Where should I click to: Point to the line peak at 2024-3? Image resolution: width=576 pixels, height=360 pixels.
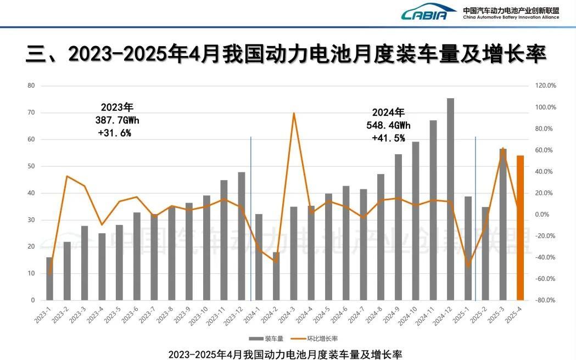tap(294, 114)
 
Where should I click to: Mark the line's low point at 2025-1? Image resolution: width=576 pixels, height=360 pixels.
tap(468, 266)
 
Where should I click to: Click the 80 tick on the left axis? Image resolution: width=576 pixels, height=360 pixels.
tap(31, 86)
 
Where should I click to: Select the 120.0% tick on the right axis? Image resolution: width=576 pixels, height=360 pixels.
tap(545, 86)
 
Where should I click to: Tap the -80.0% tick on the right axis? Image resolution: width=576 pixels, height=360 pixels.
tap(545, 300)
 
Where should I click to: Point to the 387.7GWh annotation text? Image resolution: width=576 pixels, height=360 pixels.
tap(117, 120)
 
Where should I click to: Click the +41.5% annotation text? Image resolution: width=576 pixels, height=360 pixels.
tap(388, 138)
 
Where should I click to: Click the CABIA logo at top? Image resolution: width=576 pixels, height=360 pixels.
tap(428, 13)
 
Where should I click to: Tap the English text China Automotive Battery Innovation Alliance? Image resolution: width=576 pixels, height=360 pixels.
tap(511, 17)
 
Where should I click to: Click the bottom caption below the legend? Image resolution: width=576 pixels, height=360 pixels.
tap(289, 353)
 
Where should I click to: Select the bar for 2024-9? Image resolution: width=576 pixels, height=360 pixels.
tap(398, 227)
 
